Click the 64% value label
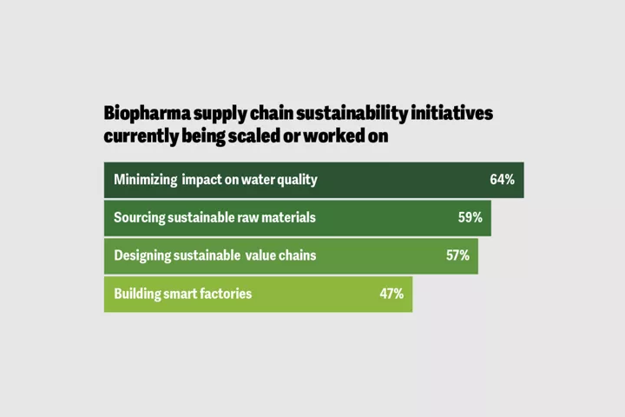click(x=502, y=180)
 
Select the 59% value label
click(x=470, y=217)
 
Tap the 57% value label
click(x=457, y=255)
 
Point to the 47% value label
click(x=391, y=294)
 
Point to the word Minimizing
click(x=145, y=180)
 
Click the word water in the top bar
click(x=261, y=180)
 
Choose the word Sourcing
click(x=141, y=217)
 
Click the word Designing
click(x=144, y=255)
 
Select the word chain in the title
click(x=260, y=114)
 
